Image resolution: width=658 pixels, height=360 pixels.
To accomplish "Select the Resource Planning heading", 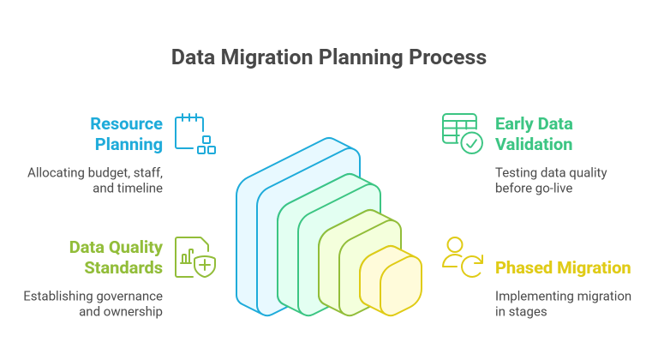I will coord(126,134).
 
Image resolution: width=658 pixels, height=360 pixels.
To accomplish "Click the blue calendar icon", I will coord(194,134).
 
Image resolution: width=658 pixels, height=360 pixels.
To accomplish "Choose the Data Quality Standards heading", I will coord(116,257).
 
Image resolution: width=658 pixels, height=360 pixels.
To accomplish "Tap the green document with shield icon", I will coord(194,257).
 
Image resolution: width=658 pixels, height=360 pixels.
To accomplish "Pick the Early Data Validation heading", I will coord(534,134).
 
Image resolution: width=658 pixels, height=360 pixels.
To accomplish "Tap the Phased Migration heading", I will coord(563,267).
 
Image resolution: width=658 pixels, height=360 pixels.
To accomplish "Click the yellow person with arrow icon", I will coord(462,257).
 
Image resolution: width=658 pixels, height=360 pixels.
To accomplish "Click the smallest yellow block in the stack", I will coord(392,287).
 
